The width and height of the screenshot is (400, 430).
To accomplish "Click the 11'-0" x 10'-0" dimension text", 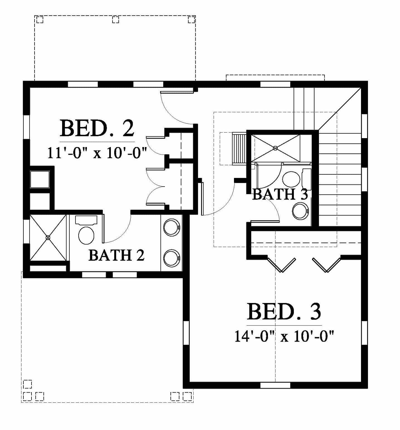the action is (x=97, y=153).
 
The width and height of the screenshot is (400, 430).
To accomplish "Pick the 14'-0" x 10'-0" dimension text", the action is (x=284, y=336).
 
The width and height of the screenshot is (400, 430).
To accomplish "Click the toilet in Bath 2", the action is (x=86, y=229).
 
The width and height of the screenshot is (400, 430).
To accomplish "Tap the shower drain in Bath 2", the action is (x=48, y=238).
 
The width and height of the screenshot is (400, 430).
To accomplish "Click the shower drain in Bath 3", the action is (x=275, y=148).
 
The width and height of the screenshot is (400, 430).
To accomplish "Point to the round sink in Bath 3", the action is (x=300, y=211).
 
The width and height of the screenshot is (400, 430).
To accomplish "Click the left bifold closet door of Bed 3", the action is (x=281, y=264).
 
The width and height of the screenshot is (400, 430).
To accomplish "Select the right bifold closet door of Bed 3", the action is (x=326, y=264).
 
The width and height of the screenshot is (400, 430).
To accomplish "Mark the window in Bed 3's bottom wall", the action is (x=275, y=385).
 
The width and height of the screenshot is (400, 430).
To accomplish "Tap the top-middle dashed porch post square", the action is (x=116, y=19).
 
